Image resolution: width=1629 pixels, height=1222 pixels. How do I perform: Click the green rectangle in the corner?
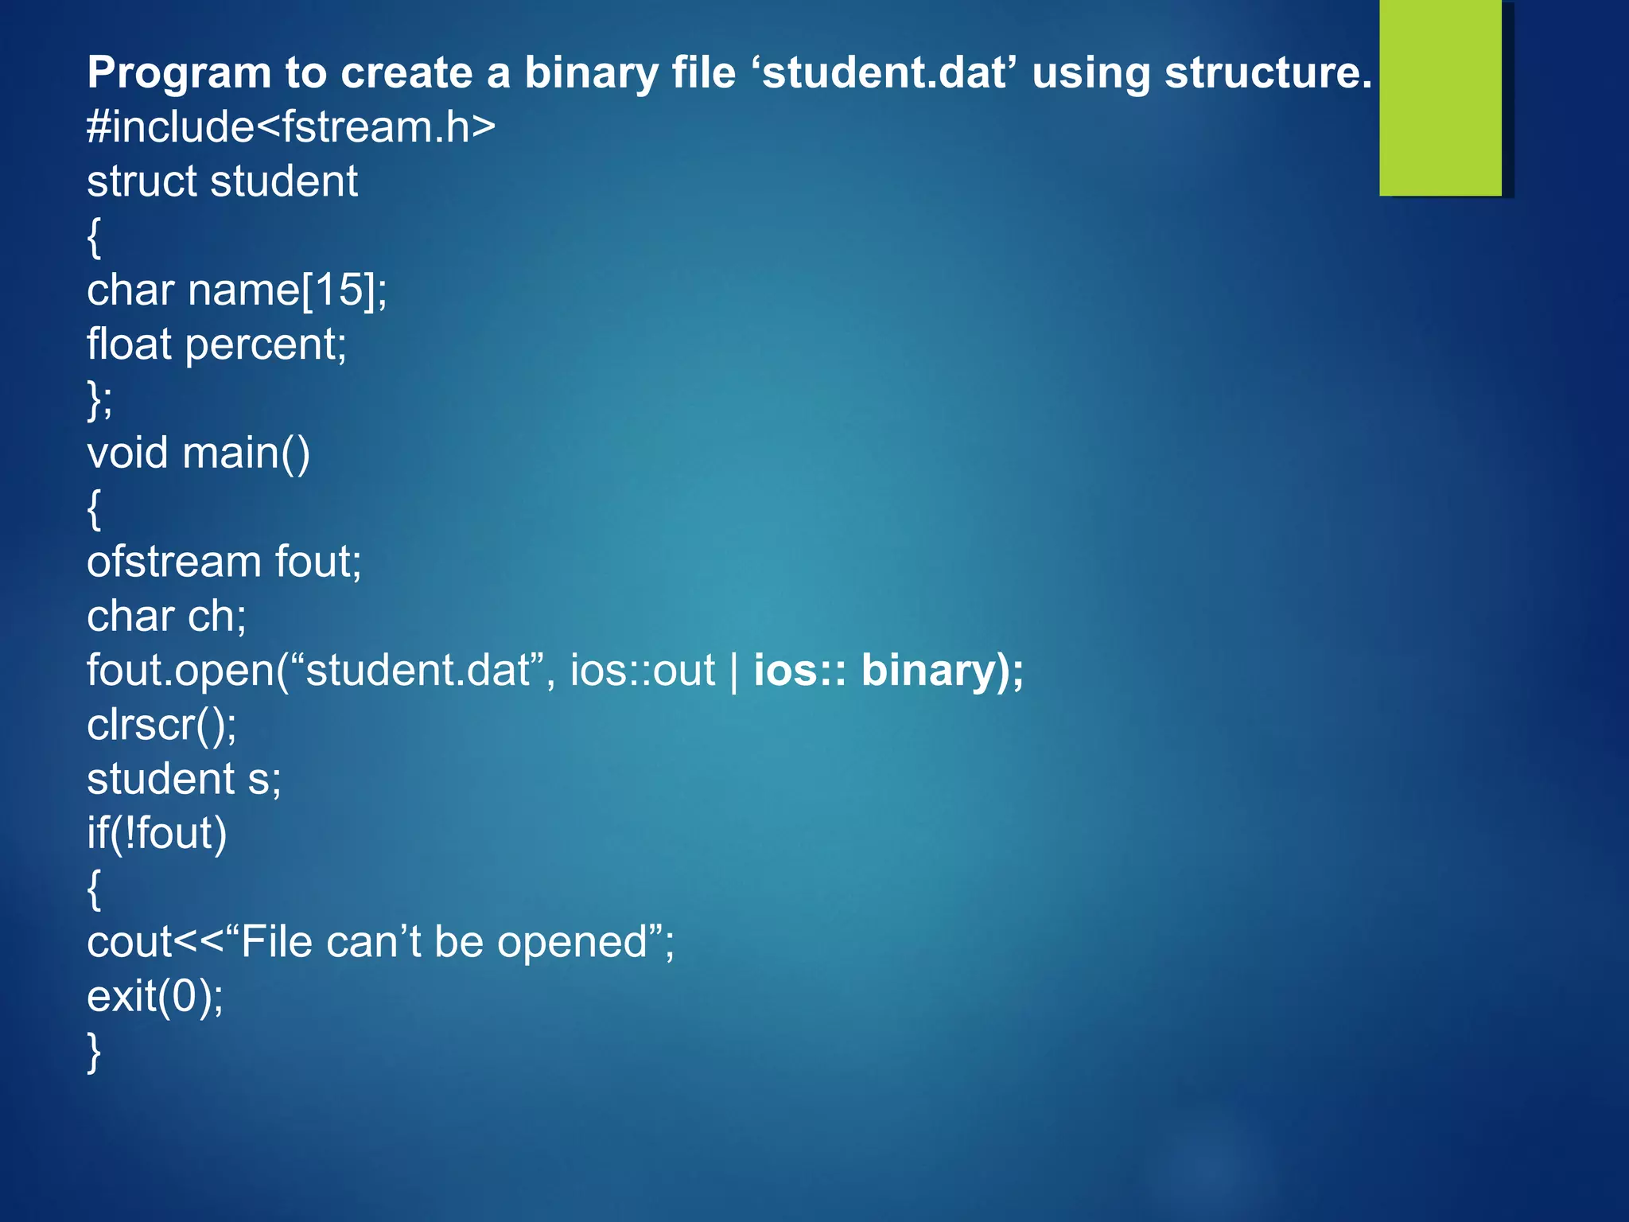[x=1440, y=98]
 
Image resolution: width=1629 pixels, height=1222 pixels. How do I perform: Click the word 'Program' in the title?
[x=179, y=73]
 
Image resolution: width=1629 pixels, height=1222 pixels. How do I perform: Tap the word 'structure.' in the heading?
[x=1268, y=73]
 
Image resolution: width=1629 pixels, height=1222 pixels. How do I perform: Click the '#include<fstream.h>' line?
[x=291, y=127]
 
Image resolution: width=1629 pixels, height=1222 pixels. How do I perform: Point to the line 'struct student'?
[x=222, y=181]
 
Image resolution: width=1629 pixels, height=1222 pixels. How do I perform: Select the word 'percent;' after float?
[x=266, y=344]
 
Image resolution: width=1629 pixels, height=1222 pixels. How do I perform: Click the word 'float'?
[x=129, y=344]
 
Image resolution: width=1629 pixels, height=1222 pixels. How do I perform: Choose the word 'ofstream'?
[x=173, y=562]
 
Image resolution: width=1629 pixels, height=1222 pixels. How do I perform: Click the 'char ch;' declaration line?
[x=166, y=617]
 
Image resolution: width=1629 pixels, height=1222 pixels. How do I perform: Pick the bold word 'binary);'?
[x=943, y=671]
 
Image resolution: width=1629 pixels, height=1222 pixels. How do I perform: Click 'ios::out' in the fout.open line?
[x=643, y=671]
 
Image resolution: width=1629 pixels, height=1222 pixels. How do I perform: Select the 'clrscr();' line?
[x=161, y=725]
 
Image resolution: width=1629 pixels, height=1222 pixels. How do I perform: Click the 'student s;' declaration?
[x=184, y=779]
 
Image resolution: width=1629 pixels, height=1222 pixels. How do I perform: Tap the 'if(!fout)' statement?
[x=157, y=834]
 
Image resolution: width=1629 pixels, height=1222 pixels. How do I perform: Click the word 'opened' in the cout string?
[x=573, y=942]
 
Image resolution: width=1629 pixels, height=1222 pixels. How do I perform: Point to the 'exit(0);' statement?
[x=155, y=996]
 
